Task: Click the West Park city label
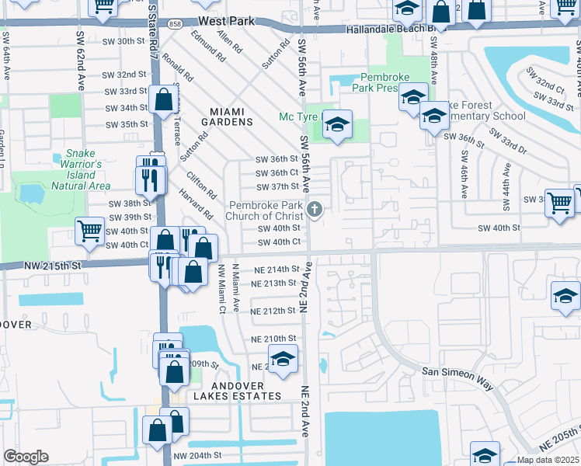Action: (x=227, y=22)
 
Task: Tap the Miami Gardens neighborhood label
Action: (x=227, y=116)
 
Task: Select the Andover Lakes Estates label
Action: (x=236, y=391)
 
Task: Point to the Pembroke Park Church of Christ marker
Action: (x=315, y=209)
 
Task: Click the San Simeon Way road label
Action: (x=457, y=373)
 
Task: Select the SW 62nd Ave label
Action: (x=80, y=50)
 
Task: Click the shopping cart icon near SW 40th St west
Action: (x=90, y=231)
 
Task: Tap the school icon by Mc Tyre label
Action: (x=338, y=124)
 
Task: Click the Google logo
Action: (x=26, y=457)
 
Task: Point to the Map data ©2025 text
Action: (x=548, y=460)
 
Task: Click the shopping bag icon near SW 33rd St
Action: (x=164, y=100)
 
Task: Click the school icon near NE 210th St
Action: (x=284, y=360)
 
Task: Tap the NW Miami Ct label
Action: (x=221, y=288)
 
